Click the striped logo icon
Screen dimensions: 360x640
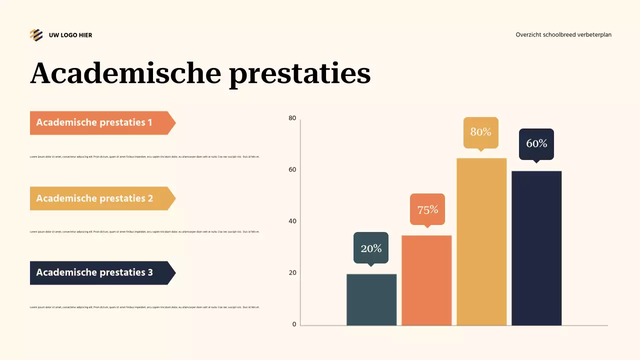pyautogui.click(x=36, y=35)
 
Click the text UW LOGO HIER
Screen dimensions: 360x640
pyautogui.click(x=70, y=35)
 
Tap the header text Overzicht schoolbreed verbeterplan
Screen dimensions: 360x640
pyautogui.click(x=563, y=35)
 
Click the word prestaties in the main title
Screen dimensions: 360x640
pyautogui.click(x=299, y=73)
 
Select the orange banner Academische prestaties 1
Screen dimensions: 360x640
pyautogui.click(x=100, y=122)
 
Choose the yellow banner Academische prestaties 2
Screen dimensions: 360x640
pyautogui.click(x=100, y=198)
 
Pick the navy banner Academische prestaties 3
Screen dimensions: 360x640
pyautogui.click(x=100, y=272)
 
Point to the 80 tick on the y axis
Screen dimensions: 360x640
pyautogui.click(x=292, y=118)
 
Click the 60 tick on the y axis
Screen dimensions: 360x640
pyautogui.click(x=292, y=170)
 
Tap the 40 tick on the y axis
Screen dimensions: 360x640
pyautogui.click(x=292, y=221)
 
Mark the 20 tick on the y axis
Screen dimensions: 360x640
pyautogui.click(x=292, y=273)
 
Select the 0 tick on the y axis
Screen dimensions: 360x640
pyautogui.click(x=294, y=324)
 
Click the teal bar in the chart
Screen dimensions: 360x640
pyautogui.click(x=371, y=299)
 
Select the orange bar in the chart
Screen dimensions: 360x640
pyautogui.click(x=426, y=280)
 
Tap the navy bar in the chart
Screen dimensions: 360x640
pyautogui.click(x=536, y=248)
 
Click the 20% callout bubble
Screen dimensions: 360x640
pyautogui.click(x=371, y=247)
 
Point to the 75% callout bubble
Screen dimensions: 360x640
pyautogui.click(x=427, y=209)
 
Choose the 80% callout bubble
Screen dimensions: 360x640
pyautogui.click(x=481, y=132)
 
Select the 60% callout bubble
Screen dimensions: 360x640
pyautogui.click(x=536, y=143)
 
